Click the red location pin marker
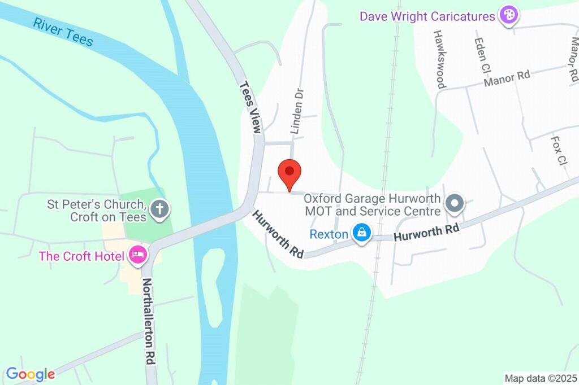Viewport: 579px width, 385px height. [289, 174]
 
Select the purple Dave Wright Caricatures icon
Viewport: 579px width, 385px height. [508, 15]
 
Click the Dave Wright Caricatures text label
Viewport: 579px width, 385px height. [427, 16]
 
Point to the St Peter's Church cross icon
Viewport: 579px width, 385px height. [160, 209]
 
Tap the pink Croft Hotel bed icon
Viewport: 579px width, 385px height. [138, 256]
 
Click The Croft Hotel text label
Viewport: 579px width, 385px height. [81, 256]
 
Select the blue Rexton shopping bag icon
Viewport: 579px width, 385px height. [360, 232]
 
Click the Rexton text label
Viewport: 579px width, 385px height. [329, 233]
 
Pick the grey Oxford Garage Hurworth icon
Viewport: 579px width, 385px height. [454, 204]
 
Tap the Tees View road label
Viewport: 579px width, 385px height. [250, 107]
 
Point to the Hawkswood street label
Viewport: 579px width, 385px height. [439, 59]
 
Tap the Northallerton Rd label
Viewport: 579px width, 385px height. [148, 322]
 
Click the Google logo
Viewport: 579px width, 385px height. [31, 374]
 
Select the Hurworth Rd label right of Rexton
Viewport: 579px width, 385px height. [426, 232]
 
